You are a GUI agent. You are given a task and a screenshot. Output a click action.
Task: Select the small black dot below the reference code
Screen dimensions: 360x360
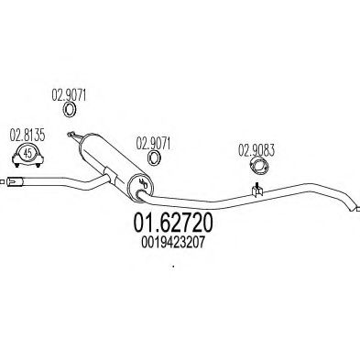point(173,268)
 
